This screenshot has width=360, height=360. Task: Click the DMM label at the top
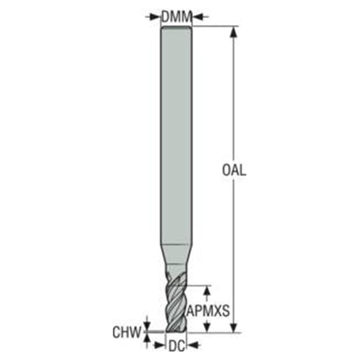click(x=177, y=16)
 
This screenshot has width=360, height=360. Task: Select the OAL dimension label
click(x=234, y=170)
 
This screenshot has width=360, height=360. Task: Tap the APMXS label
click(x=209, y=311)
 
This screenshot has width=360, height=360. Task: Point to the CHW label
click(x=127, y=332)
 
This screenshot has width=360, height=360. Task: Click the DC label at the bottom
click(x=177, y=346)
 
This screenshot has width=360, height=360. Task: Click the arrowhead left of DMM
click(x=156, y=17)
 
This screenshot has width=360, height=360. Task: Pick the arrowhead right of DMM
click(x=197, y=17)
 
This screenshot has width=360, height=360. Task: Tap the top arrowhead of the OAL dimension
click(x=234, y=32)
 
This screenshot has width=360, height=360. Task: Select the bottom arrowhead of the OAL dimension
click(x=234, y=327)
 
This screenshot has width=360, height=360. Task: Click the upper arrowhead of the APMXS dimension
click(x=207, y=291)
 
